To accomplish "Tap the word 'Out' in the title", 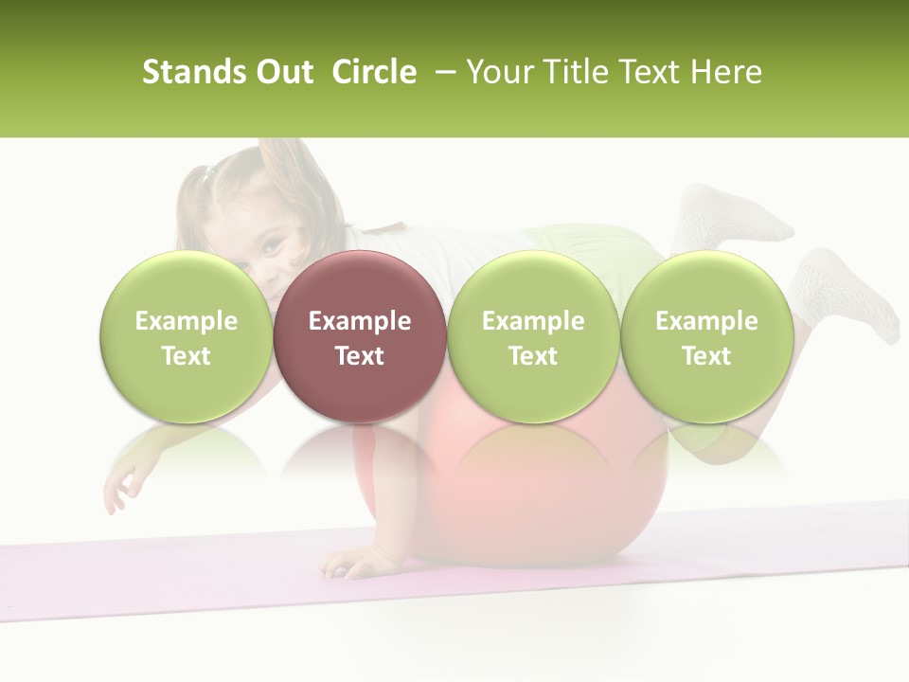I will tap(281, 72).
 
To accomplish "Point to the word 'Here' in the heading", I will tap(726, 72).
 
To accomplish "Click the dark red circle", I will tap(359, 336).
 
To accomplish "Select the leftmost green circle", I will tap(186, 336).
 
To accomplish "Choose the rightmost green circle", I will tap(706, 336).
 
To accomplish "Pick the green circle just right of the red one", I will tap(533, 336).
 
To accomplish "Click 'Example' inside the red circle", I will tap(359, 321).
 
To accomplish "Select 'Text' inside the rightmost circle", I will tap(706, 356).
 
